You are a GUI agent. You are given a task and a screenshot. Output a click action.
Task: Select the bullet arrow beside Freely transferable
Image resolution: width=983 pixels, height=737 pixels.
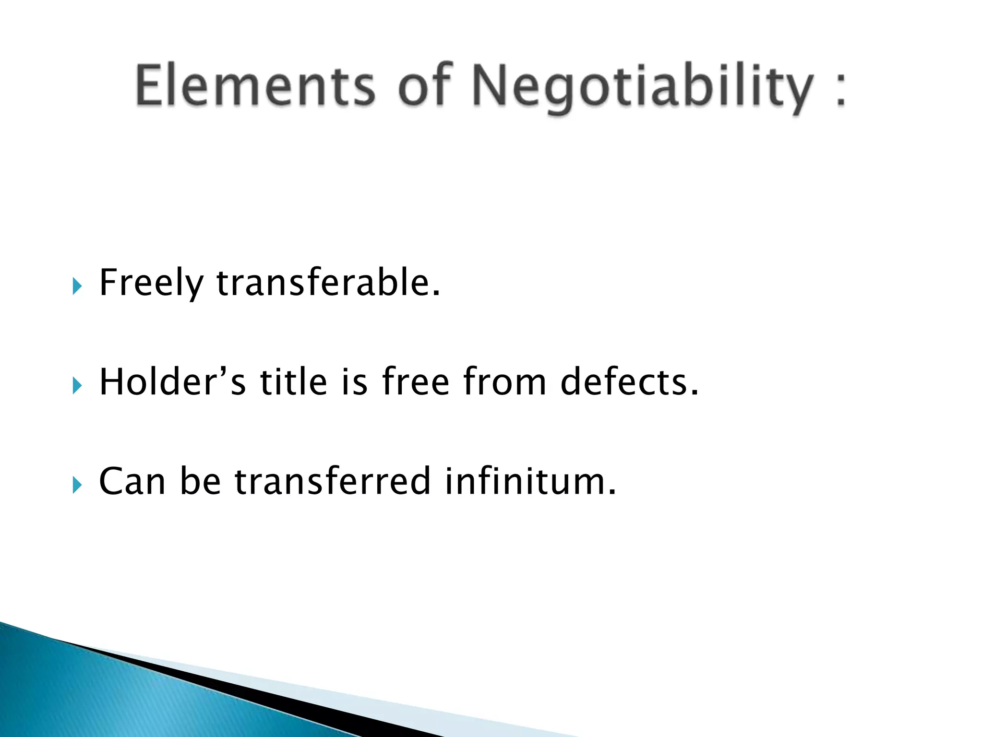(x=77, y=286)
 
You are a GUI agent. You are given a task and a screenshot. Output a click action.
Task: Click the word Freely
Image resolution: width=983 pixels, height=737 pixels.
(x=151, y=283)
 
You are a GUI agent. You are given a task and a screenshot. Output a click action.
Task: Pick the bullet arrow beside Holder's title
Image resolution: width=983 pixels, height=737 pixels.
(x=77, y=385)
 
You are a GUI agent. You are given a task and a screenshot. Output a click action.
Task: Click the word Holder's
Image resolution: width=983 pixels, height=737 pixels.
(x=173, y=381)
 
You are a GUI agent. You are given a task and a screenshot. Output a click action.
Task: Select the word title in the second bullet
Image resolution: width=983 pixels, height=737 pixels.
(x=294, y=381)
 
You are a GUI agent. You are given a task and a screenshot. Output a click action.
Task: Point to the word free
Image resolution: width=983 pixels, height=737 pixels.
(x=416, y=381)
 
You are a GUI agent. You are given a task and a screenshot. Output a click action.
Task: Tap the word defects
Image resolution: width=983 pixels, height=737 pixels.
(x=629, y=381)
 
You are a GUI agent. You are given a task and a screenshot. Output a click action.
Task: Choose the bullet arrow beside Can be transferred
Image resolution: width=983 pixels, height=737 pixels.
(x=77, y=485)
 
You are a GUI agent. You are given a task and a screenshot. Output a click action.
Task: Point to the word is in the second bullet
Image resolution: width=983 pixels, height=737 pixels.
(x=355, y=381)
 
